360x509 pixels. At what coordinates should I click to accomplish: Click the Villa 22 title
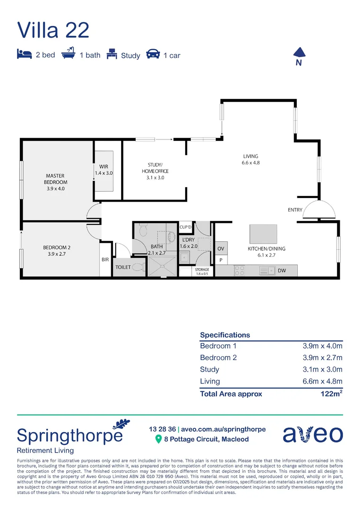coord(53,30)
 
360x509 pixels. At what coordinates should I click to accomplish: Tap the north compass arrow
coord(298,53)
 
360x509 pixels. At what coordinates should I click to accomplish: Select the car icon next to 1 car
coord(153,54)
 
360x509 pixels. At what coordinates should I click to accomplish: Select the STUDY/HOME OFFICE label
coord(155,171)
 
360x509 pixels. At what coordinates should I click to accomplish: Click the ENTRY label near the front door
coord(295,210)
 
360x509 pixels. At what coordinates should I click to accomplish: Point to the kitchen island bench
coord(263,233)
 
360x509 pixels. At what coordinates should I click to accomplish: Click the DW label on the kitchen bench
coord(282,271)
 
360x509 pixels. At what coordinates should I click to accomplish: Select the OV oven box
coord(221,248)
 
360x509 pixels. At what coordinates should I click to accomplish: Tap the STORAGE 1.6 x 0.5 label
coord(202,271)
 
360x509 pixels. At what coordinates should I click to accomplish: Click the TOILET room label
coord(123,267)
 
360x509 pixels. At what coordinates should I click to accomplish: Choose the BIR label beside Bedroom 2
coord(105,259)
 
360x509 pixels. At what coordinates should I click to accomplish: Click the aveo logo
coord(313,434)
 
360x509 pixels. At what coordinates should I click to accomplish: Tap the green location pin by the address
coord(159,439)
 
